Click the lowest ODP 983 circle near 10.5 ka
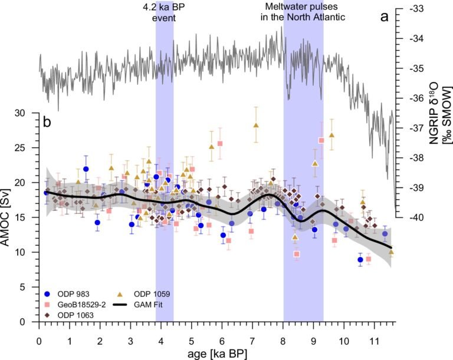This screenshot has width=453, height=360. click(x=360, y=260)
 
